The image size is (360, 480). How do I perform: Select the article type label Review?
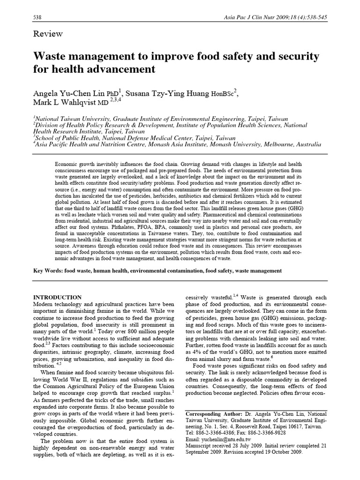pyautogui.click(x=47, y=34)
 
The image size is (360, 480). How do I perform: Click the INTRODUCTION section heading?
pyautogui.click(x=59, y=298)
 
